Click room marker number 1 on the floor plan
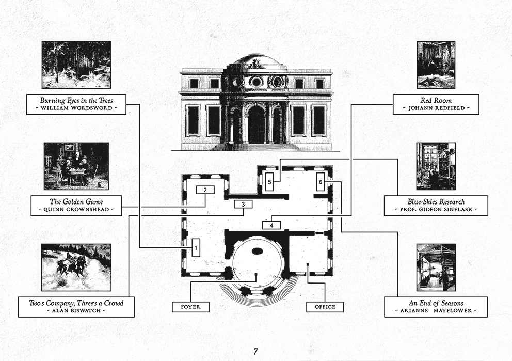196,247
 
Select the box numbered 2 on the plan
205,190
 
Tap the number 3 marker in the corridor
243,205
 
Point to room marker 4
271,225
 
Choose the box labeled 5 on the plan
269,182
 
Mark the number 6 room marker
321,182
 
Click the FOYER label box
190,307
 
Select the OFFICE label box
325,307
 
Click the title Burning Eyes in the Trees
76,101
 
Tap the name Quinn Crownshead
76,209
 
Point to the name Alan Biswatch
76,311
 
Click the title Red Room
436,101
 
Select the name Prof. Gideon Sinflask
436,209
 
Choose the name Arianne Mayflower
436,311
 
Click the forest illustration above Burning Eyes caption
76,65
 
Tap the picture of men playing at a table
76,166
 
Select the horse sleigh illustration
76,267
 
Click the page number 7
255,352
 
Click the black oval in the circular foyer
258,251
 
